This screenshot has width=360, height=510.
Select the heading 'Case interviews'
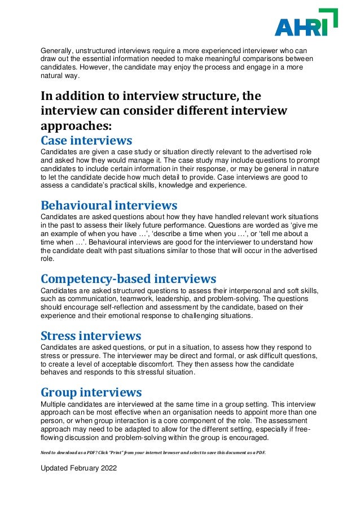86,140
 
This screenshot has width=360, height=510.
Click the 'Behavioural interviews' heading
109,205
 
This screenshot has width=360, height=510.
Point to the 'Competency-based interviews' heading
129,278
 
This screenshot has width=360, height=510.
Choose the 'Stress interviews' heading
91,336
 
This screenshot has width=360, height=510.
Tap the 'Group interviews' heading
91,392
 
